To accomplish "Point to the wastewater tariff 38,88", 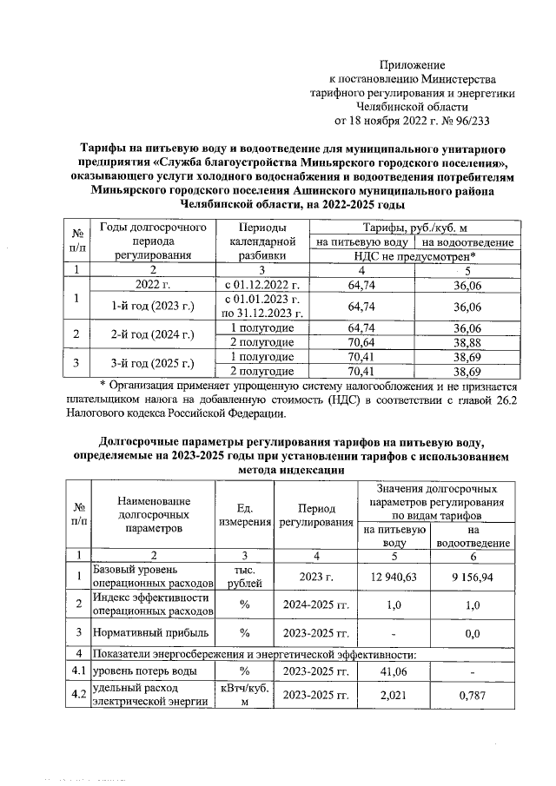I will point(467,342).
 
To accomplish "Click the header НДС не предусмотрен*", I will point(414,256).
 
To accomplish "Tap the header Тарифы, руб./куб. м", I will point(414,228).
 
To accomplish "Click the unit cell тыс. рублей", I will point(244,576).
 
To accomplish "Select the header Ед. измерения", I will point(244,515).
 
